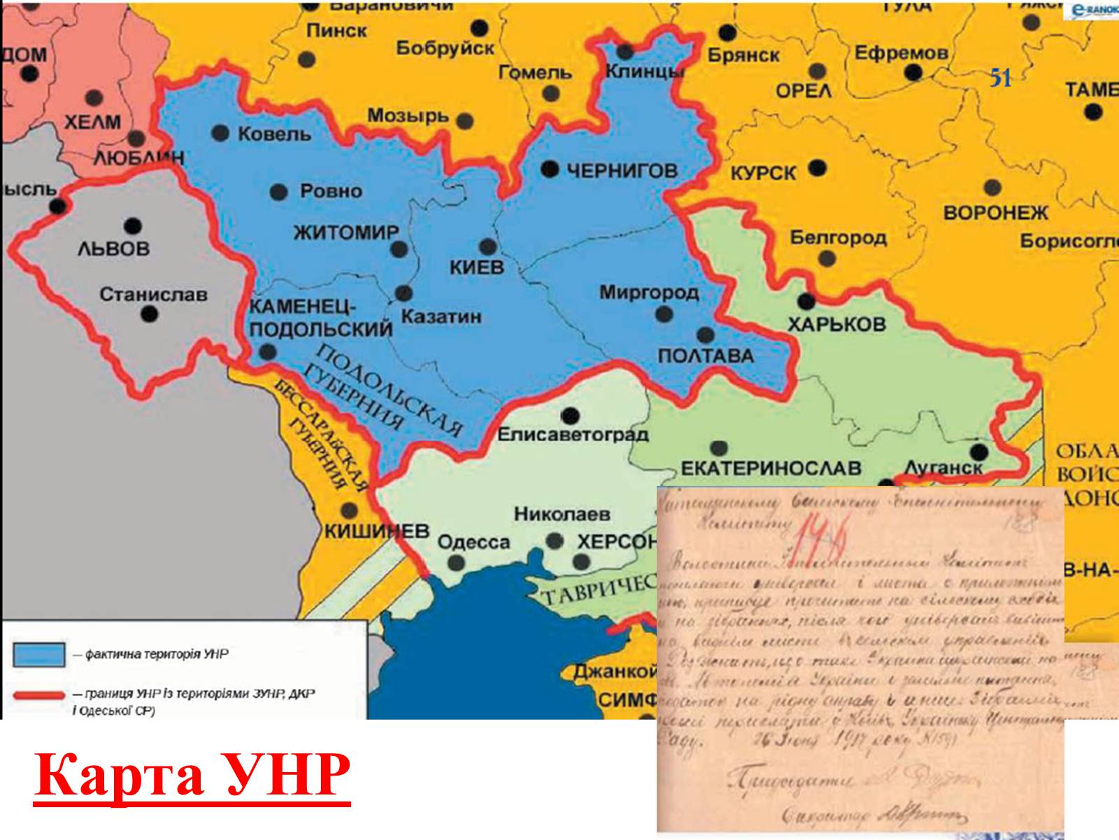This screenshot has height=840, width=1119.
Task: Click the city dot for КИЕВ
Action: coord(488,246)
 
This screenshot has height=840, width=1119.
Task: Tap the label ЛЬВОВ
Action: coord(113,249)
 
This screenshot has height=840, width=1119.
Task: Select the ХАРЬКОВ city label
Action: coord(836,325)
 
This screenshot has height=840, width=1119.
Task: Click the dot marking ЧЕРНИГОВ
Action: coord(550,168)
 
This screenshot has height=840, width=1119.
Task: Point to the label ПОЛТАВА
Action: coord(706,356)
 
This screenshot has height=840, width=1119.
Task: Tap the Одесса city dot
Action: coord(456,563)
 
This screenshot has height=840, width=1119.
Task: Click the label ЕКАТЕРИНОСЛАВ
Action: coord(771,468)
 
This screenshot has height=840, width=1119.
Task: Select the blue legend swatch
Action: coord(39,655)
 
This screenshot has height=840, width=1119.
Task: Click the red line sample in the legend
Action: coord(39,696)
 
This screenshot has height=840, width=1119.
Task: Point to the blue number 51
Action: coord(1001,78)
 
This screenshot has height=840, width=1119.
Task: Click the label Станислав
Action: coord(153,294)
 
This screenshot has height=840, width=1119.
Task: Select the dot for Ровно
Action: coord(279,192)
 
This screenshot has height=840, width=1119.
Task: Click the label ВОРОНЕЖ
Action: coord(996,212)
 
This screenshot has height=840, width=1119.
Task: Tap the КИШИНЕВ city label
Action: coord(377,531)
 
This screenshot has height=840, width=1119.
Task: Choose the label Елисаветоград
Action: coord(573,435)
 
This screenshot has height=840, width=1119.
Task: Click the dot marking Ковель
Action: coord(221,132)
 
